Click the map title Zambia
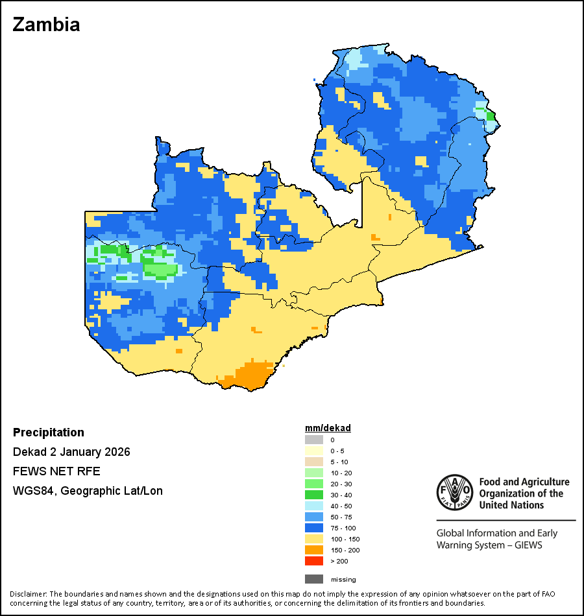click(x=46, y=25)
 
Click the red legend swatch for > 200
click(x=314, y=561)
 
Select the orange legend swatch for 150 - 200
click(x=314, y=550)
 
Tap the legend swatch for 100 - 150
click(x=314, y=539)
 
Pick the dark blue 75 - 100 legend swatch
click(x=314, y=528)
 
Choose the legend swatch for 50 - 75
click(x=314, y=517)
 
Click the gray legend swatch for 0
click(x=314, y=440)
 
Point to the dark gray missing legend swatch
click(x=314, y=579)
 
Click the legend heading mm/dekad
click(x=328, y=428)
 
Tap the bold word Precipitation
click(x=49, y=432)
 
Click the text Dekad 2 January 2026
click(x=71, y=452)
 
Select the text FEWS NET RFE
click(x=56, y=471)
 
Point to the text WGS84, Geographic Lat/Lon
click(x=88, y=491)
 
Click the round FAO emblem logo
click(x=454, y=493)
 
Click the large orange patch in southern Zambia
click(x=250, y=375)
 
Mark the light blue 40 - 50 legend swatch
click(x=314, y=506)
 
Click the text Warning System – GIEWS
click(x=489, y=545)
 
